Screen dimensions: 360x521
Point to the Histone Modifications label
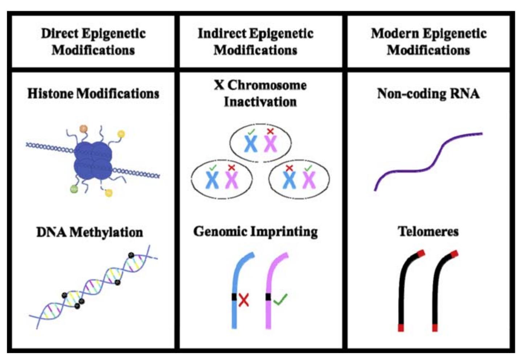pyautogui.click(x=93, y=94)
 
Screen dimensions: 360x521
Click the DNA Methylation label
pyautogui.click(x=90, y=232)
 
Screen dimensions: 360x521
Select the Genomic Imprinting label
pyautogui.click(x=255, y=231)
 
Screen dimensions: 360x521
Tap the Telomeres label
pyautogui.click(x=428, y=231)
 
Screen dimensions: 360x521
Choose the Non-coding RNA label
pyautogui.click(x=428, y=94)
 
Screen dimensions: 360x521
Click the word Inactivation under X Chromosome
pyautogui.click(x=260, y=102)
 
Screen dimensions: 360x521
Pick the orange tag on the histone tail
pyautogui.click(x=83, y=128)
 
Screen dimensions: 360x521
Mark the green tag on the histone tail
pyautogui.click(x=74, y=189)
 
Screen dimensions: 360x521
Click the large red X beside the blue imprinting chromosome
pyautogui.click(x=244, y=300)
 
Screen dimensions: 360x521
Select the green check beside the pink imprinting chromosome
pyautogui.click(x=280, y=299)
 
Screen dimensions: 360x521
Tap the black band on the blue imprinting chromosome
pyautogui.click(x=234, y=297)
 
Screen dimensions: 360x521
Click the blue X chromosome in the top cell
pyautogui.click(x=250, y=144)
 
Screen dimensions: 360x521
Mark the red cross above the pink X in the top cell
pyautogui.click(x=270, y=131)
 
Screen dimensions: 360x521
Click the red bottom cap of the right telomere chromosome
pyautogui.click(x=435, y=328)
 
